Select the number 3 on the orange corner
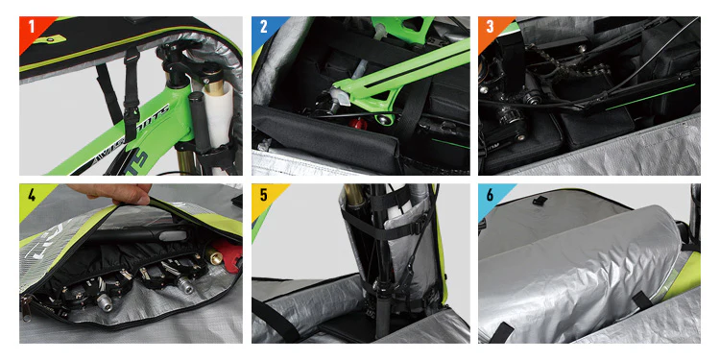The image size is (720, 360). [x=491, y=27]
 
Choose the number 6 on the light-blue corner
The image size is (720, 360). [x=491, y=196]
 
